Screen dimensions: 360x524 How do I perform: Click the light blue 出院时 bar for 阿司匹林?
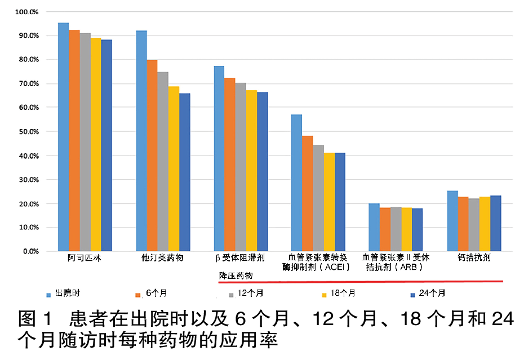pyautogui.click(x=63, y=137)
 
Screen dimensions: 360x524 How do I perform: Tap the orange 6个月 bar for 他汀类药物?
pyautogui.click(x=152, y=155)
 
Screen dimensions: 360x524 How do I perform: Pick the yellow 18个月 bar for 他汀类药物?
pyautogui.click(x=174, y=168)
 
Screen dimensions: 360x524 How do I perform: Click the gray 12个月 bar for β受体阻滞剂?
pyautogui.click(x=241, y=167)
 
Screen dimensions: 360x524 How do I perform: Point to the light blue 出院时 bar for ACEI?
pyautogui.click(x=296, y=183)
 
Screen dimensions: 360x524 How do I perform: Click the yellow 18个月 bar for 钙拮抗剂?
pyautogui.click(x=485, y=224)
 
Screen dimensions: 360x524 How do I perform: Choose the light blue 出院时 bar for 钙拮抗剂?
pyautogui.click(x=452, y=221)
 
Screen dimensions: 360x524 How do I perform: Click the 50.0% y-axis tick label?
pyautogui.click(x=28, y=132)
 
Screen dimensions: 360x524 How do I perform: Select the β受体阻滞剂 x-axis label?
pyautogui.click(x=240, y=258)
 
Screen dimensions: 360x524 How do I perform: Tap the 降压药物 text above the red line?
pyautogui.click(x=236, y=275)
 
